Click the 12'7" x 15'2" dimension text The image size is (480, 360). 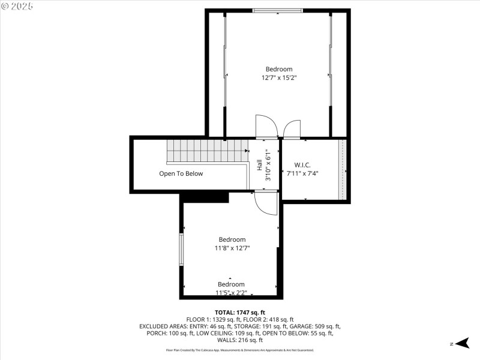click(x=279, y=77)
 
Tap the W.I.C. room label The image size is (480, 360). click(x=302, y=165)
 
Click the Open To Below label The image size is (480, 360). click(x=181, y=173)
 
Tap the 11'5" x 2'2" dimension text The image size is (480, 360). click(x=231, y=293)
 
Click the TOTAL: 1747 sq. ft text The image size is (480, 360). click(x=239, y=313)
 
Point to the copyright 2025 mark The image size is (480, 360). click(x=17, y=6)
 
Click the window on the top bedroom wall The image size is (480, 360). click(x=277, y=10)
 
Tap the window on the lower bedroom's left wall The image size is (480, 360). click(x=181, y=249)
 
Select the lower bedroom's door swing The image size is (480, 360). click(x=266, y=203)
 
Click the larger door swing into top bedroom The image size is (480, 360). click(x=266, y=127)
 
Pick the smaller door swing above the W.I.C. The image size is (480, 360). click(x=292, y=129)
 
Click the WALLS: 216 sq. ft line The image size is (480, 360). click(x=239, y=340)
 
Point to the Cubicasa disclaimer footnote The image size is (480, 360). click(x=239, y=350)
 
